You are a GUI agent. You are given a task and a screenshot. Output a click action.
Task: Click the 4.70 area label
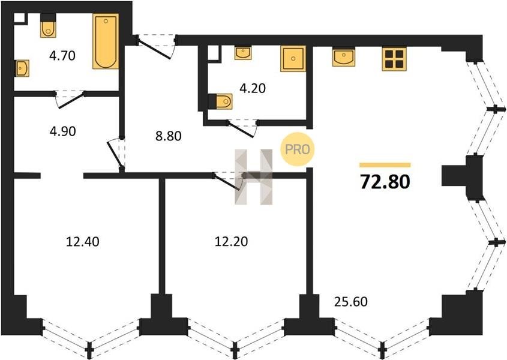tap(62, 56)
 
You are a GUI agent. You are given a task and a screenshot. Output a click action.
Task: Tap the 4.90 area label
tap(63, 131)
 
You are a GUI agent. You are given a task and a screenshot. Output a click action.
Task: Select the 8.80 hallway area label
tap(168, 136)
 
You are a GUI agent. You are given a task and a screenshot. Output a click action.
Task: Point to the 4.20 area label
tap(253, 88)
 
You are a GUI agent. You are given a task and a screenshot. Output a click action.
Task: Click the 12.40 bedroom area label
tap(82, 242)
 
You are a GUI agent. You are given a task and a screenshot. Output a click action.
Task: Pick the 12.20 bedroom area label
tap(232, 242)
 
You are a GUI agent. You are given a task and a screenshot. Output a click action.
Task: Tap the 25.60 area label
tap(351, 302)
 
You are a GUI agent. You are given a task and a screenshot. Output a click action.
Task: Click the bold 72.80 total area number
tap(385, 181)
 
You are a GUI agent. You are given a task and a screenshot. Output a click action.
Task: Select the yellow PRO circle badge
tap(297, 149)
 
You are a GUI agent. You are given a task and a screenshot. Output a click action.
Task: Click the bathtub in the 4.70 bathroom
tap(106, 41)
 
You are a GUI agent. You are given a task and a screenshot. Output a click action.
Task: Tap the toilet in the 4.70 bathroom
tap(48, 26)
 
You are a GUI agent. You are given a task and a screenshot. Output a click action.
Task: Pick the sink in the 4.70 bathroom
tap(22, 68)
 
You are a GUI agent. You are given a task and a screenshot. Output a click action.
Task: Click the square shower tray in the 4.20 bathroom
tap(293, 59)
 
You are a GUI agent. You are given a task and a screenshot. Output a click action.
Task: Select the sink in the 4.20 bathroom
tap(243, 53)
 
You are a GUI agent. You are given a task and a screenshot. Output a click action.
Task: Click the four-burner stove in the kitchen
tap(394, 59)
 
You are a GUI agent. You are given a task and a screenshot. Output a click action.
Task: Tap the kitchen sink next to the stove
tap(344, 57)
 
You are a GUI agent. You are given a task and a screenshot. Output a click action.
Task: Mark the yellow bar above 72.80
tap(385, 165)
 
